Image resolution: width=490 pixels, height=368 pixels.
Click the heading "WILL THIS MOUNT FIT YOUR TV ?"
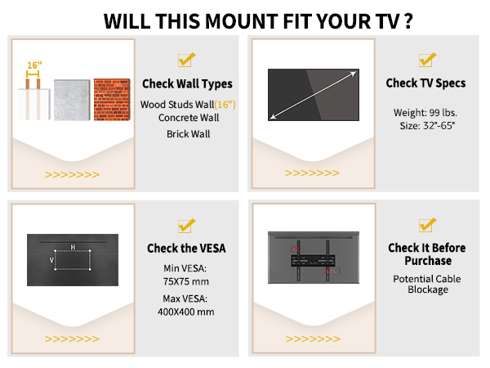(x=245, y=19)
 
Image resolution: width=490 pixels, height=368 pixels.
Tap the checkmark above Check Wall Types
(x=186, y=60)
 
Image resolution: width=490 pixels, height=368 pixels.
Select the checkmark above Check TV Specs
(x=427, y=60)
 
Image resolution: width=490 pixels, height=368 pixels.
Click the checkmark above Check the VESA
(x=186, y=225)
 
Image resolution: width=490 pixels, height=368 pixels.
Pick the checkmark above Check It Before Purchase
(x=427, y=225)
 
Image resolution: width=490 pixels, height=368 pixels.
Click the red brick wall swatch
(x=112, y=101)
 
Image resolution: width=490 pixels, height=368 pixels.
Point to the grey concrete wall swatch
(x=72, y=101)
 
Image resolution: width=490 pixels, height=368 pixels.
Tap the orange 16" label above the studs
(x=33, y=65)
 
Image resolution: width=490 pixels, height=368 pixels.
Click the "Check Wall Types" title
(x=187, y=83)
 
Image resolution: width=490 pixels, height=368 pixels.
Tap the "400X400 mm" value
(x=186, y=312)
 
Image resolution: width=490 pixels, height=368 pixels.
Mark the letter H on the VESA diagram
(x=73, y=247)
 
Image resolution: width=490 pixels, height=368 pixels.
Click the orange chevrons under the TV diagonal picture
(x=313, y=173)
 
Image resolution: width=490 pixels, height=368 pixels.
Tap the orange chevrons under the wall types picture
(x=72, y=173)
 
